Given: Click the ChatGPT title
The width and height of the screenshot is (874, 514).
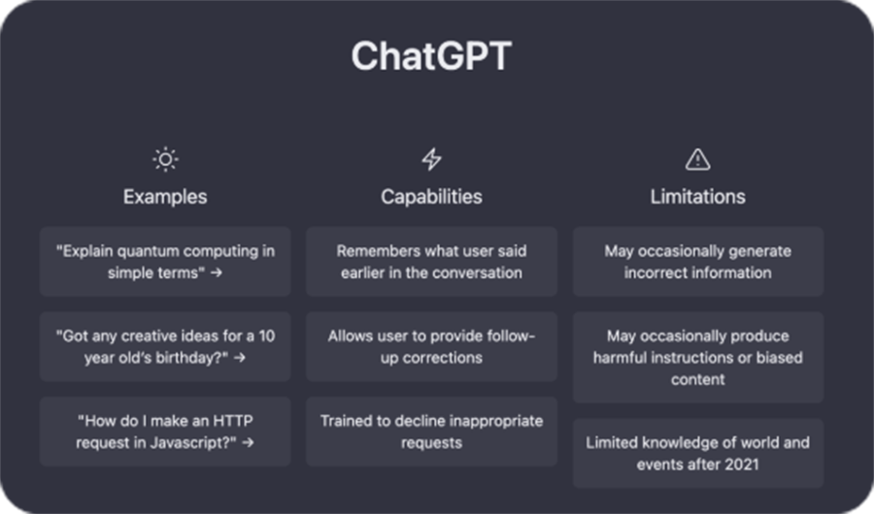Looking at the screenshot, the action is [431, 55].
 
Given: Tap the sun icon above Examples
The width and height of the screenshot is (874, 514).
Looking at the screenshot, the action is [165, 160].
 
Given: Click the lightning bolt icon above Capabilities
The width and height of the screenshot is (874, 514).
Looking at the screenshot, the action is [431, 159].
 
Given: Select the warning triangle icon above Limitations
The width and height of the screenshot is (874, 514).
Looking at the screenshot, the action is [697, 159].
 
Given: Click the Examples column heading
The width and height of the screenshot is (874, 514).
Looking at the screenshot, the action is [165, 197].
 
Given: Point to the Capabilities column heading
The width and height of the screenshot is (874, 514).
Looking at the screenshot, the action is [431, 197].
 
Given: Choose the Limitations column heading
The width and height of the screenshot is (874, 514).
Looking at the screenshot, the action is [697, 197].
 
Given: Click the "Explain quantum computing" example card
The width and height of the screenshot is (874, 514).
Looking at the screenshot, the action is [165, 262].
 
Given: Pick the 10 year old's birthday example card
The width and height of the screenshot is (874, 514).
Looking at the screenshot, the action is [165, 346].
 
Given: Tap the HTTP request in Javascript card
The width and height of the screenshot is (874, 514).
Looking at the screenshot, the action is [165, 432].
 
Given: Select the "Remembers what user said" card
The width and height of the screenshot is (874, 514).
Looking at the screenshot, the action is [431, 262].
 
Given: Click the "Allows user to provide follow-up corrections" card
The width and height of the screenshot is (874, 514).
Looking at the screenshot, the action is [431, 346].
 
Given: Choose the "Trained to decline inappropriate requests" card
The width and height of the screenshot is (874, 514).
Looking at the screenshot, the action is [431, 432].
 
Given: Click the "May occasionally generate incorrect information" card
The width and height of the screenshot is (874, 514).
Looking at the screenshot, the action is [698, 262].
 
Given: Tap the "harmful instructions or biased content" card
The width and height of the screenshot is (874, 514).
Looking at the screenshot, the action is [698, 358].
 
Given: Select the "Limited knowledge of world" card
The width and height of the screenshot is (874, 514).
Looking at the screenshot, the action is [698, 453].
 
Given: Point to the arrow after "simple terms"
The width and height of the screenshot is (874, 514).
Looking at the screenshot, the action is [217, 273].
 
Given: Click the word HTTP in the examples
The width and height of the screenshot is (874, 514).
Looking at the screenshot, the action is [231, 421].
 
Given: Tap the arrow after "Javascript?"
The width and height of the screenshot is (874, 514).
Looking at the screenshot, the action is [248, 443].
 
